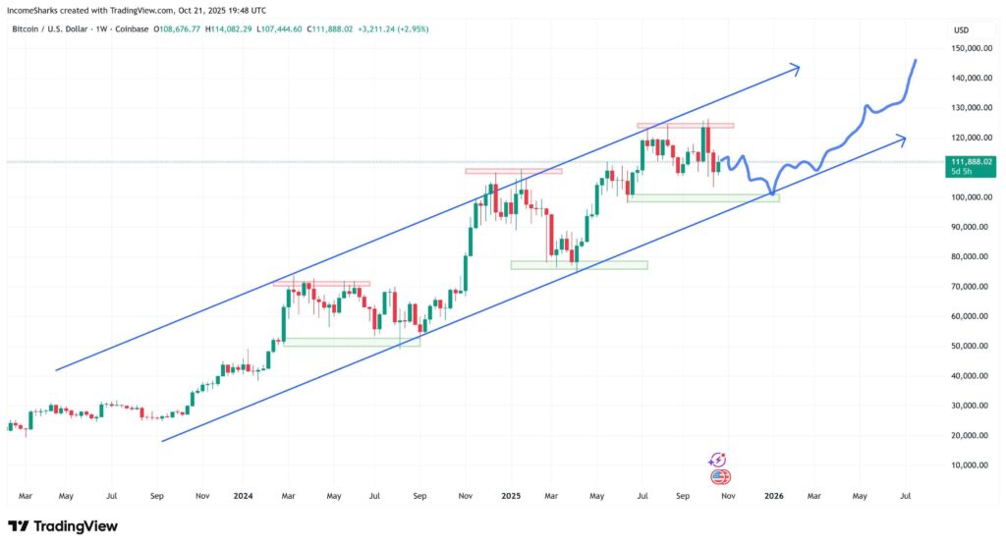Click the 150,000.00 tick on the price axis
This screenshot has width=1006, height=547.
point(969,48)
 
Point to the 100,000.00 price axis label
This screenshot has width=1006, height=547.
point(969,197)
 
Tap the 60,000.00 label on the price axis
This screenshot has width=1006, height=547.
point(971,316)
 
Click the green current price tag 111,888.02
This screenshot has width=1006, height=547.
point(970,165)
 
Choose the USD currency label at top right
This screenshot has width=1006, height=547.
point(961,30)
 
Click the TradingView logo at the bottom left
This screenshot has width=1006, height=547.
point(63,526)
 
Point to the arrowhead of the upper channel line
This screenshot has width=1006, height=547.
point(798,68)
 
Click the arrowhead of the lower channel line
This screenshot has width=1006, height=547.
point(902,138)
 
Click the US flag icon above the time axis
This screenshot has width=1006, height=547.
point(719,477)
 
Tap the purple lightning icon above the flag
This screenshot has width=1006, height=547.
point(718,460)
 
